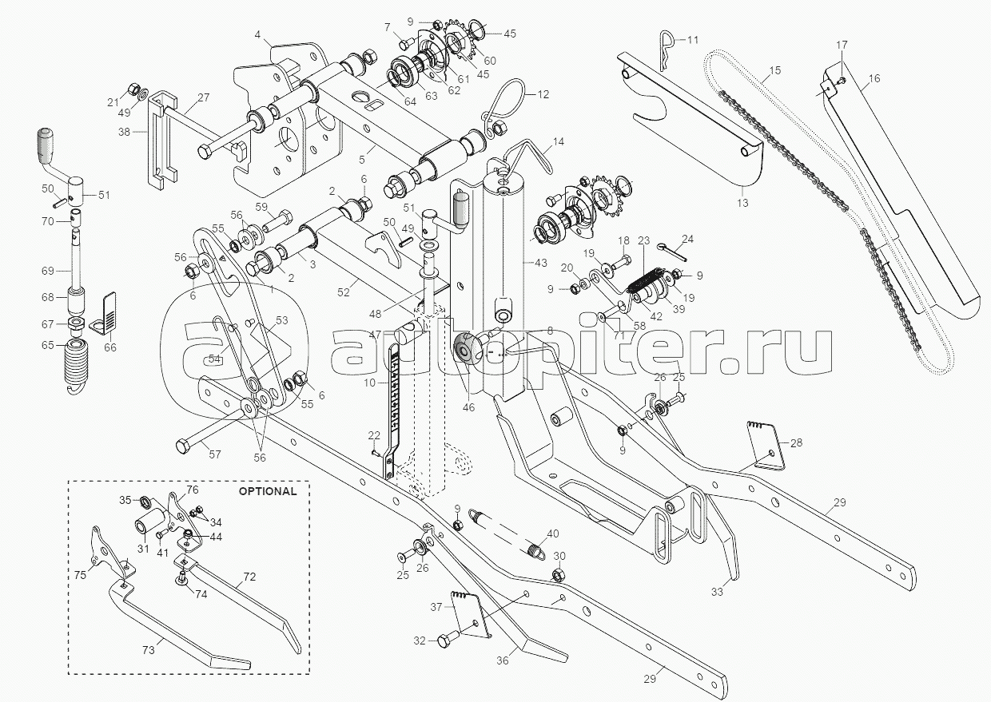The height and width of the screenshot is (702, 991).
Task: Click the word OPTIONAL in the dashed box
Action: [267, 491]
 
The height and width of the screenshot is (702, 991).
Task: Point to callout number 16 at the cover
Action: [874, 78]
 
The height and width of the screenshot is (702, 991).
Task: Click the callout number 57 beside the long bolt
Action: [215, 455]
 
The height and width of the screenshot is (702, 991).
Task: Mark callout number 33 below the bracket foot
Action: [717, 592]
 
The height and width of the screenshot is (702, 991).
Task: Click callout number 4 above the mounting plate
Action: [257, 34]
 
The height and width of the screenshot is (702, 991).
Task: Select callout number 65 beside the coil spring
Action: [47, 346]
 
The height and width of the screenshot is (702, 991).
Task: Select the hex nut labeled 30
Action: [559, 575]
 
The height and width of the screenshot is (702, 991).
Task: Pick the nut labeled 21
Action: [135, 85]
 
